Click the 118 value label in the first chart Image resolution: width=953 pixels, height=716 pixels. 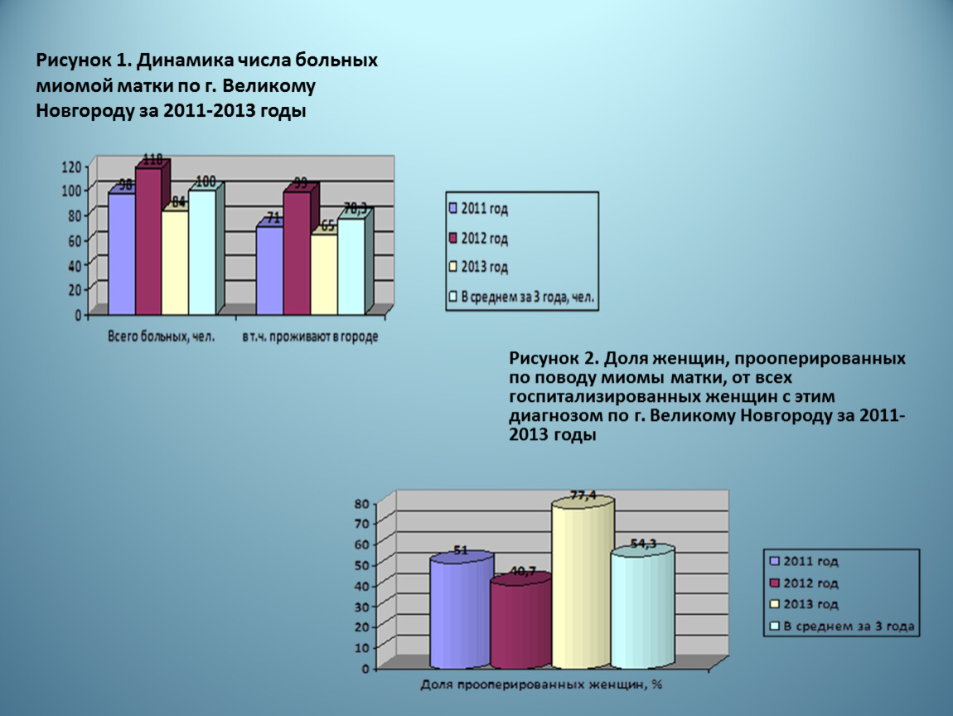(x=153, y=160)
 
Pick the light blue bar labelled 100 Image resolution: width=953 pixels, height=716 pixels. (x=201, y=252)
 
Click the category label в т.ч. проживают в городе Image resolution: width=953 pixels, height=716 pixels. (x=310, y=337)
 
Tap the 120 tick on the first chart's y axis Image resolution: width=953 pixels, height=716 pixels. (x=72, y=167)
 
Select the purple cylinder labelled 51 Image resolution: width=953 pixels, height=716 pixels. (x=461, y=613)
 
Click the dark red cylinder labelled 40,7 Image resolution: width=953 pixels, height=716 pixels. (x=520, y=623)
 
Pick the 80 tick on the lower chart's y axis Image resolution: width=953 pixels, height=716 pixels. (x=360, y=502)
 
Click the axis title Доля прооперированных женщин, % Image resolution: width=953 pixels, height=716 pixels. (x=541, y=685)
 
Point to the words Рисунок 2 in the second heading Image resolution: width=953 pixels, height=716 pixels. (x=554, y=360)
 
